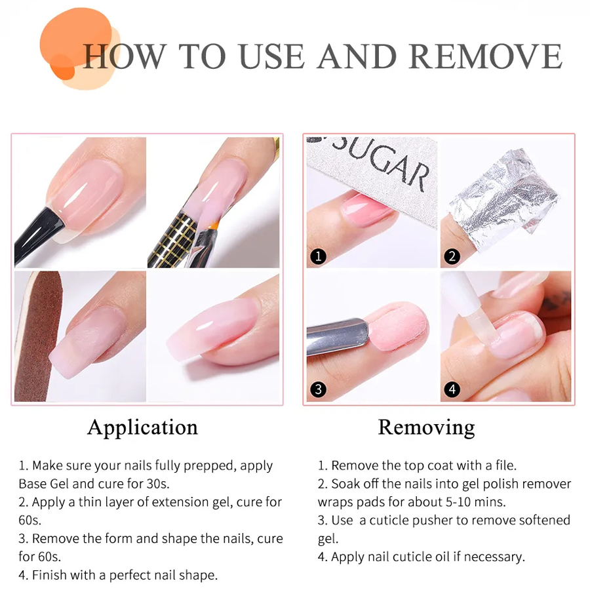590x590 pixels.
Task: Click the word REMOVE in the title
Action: [x=486, y=56]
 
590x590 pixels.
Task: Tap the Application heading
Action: [x=143, y=428]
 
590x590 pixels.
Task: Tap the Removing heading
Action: [x=426, y=428]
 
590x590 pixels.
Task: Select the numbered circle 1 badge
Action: [x=319, y=256]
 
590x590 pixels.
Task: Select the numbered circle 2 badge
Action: [x=452, y=256]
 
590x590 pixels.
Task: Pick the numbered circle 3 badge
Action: [x=319, y=389]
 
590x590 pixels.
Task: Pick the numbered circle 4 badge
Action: [x=452, y=389]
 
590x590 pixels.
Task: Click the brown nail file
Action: [x=37, y=336]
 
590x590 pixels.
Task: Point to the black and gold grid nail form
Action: [x=174, y=240]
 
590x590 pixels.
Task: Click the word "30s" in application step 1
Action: [x=157, y=484]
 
